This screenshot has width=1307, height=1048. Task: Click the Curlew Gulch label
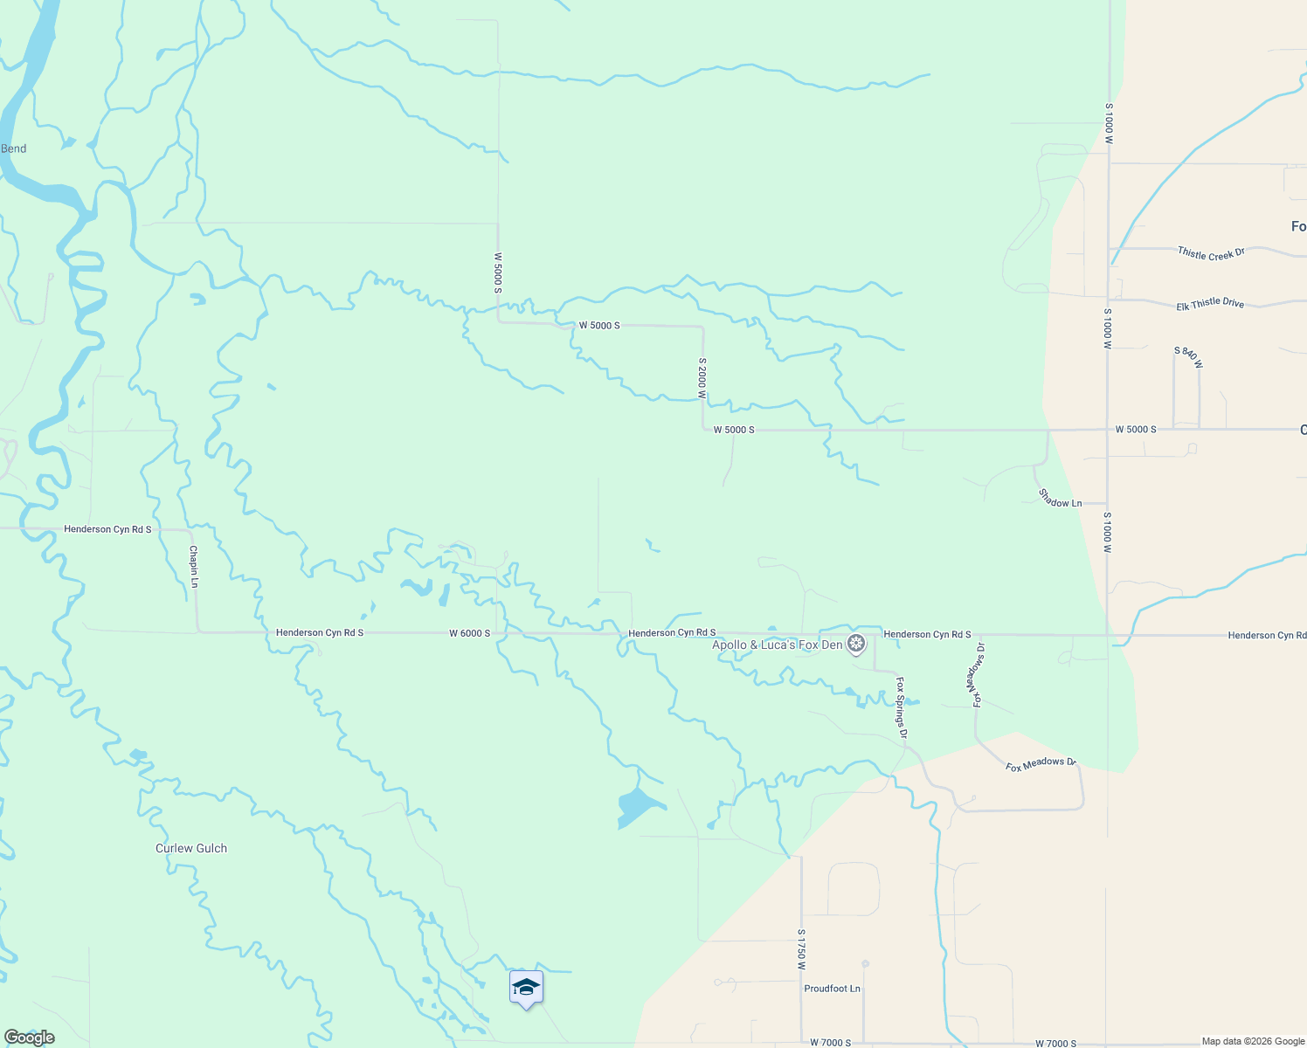[x=191, y=848]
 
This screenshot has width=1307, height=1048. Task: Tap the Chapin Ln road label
[x=194, y=567]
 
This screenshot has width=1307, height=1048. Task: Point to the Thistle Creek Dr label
[x=1210, y=253]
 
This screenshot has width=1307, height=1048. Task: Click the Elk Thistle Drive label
[x=1209, y=303]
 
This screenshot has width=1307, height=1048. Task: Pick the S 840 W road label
[x=1188, y=357]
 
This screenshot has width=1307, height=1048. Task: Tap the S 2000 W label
[x=702, y=377]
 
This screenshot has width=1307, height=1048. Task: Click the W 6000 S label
[x=470, y=633]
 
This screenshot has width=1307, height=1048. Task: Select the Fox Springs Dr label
[x=902, y=707]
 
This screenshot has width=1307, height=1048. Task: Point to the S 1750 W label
[x=800, y=949]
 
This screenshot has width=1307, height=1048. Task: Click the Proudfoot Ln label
[x=832, y=989]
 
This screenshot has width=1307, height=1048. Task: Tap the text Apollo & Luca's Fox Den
[x=778, y=645]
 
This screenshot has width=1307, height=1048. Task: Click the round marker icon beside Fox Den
[x=857, y=645]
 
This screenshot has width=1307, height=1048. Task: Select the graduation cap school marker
[x=526, y=988]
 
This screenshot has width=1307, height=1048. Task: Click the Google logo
[x=30, y=1038]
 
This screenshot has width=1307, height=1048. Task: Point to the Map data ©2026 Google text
[x=1253, y=1041]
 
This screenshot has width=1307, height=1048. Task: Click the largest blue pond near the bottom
[x=638, y=806]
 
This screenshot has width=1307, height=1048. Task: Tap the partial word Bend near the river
[x=13, y=148]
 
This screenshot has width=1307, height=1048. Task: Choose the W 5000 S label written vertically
[x=498, y=273]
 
